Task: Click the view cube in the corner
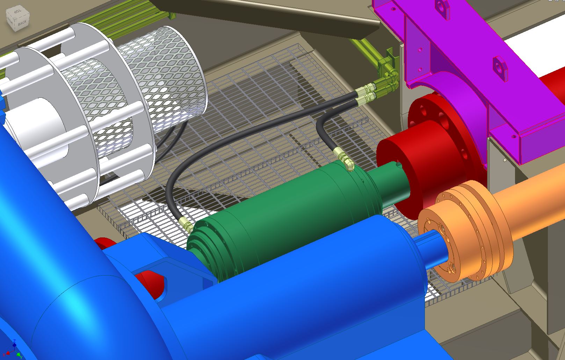tap(17, 20)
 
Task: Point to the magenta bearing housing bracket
tap(454, 52)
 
